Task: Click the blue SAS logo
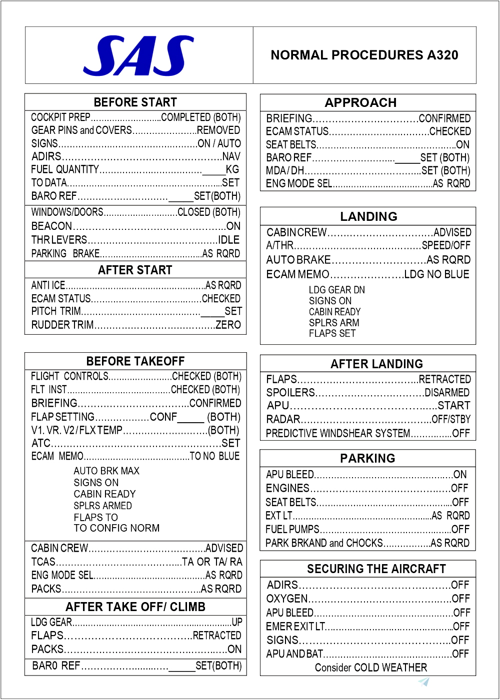pos(138,55)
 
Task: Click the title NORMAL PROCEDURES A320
pos(364,55)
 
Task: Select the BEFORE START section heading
pos(135,102)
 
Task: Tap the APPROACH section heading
pos(360,103)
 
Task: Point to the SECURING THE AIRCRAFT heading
pos(376,569)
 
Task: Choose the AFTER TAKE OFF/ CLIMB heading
pos(135,607)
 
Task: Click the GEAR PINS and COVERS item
pos(81,130)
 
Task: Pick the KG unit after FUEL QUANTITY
pos(232,169)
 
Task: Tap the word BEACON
pos(51,226)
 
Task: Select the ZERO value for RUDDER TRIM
pos(228,325)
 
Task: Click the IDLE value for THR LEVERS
pos(228,240)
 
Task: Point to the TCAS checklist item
pos(43,562)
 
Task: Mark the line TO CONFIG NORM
pos(116,528)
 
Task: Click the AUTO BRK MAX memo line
pos(106,471)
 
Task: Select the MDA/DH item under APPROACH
pos(284,171)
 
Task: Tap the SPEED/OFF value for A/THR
pos(446,245)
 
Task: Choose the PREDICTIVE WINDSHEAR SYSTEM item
pos(338,433)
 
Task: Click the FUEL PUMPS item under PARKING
pos(292,529)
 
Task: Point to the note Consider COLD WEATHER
pos(370,668)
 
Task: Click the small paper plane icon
pos(424,682)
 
